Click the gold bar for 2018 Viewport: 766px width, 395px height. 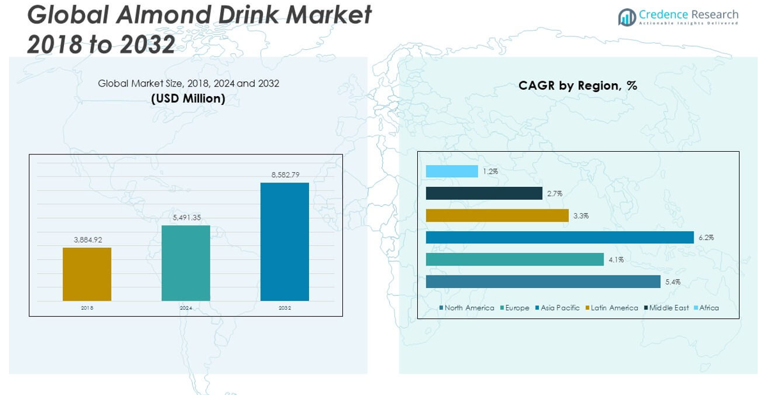[87, 274]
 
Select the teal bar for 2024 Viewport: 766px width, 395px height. [186, 263]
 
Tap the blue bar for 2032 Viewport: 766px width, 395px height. [285, 241]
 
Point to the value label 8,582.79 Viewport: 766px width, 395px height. [285, 175]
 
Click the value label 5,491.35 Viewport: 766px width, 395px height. [186, 218]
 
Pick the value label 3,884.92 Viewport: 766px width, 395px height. [87, 239]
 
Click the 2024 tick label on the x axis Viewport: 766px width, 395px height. [186, 308]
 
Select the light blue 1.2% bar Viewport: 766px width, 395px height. [452, 171]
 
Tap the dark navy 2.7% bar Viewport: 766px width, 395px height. [484, 193]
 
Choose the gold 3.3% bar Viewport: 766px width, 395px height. [497, 215]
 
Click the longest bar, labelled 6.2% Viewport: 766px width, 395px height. [560, 238]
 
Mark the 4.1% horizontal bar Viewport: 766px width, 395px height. [515, 259]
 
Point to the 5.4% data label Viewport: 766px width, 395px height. [673, 282]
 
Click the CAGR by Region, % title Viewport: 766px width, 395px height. [578, 86]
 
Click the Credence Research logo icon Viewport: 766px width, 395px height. [626, 17]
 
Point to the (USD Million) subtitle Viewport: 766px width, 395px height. [188, 99]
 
